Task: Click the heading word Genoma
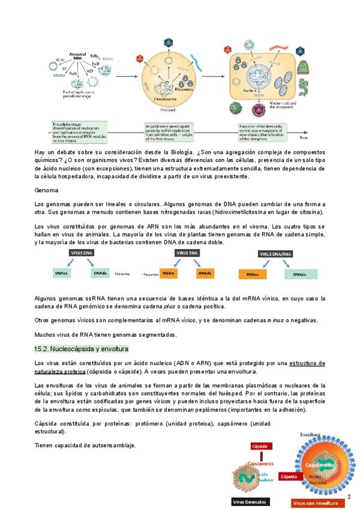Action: click(46, 190)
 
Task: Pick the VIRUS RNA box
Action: click(188, 253)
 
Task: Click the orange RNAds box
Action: click(205, 274)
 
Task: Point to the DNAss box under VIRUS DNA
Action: click(61, 274)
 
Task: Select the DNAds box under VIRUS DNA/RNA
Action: click(301, 274)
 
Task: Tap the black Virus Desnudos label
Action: click(251, 502)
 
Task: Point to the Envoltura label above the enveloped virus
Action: click(311, 434)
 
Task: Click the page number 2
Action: click(349, 496)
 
